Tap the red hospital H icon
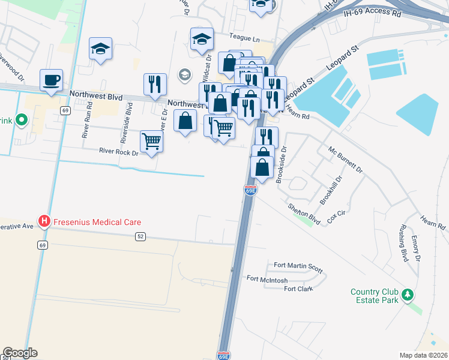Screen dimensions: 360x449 click(44, 222)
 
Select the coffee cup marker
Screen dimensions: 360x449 click(51, 80)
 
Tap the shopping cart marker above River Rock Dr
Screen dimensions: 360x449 click(151, 142)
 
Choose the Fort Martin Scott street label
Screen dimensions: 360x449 click(298, 265)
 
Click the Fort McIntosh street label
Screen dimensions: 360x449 click(267, 278)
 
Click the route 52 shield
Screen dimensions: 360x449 click(140, 236)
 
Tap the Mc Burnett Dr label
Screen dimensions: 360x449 click(345, 159)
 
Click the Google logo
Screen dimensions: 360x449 click(20, 353)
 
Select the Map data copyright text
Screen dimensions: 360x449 click(423, 355)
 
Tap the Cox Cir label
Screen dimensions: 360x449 click(336, 217)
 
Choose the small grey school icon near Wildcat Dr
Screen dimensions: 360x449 click(184, 75)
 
